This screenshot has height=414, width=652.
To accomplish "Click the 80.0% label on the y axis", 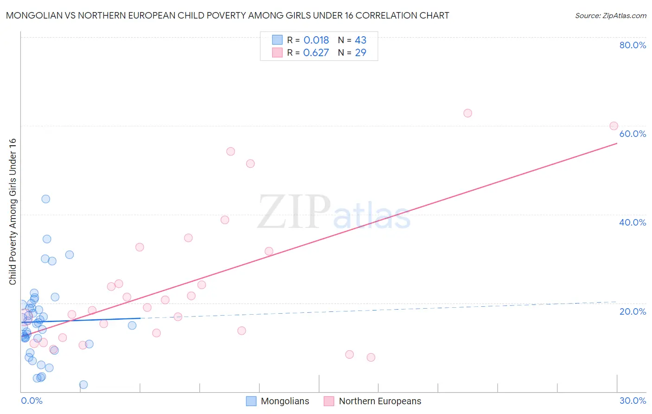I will tap(633, 45).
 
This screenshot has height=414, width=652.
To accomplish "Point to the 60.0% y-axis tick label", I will tap(633, 134).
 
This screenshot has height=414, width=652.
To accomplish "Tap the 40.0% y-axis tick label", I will tap(633, 222).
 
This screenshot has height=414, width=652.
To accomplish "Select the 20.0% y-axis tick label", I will tap(633, 311).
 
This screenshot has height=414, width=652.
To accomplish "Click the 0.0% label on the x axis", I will tap(32, 401).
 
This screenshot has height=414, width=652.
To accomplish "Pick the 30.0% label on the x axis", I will tap(633, 401).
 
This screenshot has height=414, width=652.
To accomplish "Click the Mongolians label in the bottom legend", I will tap(285, 401).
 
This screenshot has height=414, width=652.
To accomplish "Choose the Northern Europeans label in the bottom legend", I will tap(380, 401).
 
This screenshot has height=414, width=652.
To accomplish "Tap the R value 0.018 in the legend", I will tap(316, 40).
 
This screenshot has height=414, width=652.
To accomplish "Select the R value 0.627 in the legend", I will tap(316, 53).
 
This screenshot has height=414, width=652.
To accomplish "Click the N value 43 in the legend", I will tap(360, 40).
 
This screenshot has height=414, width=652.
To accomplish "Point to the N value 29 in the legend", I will tap(360, 53).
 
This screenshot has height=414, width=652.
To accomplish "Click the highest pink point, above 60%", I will tap(467, 113).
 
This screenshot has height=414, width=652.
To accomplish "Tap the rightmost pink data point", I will tap(614, 126).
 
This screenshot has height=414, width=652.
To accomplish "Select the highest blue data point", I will tap(45, 199).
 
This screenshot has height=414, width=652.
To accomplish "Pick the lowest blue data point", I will tap(83, 384).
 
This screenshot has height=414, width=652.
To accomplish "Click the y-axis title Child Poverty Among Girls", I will tap(13, 212).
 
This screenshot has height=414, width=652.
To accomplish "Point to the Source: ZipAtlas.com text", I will tap(610, 16).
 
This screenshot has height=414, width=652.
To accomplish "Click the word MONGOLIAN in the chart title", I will tap(34, 16).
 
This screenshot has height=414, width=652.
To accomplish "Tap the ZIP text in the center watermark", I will tap(294, 212).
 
